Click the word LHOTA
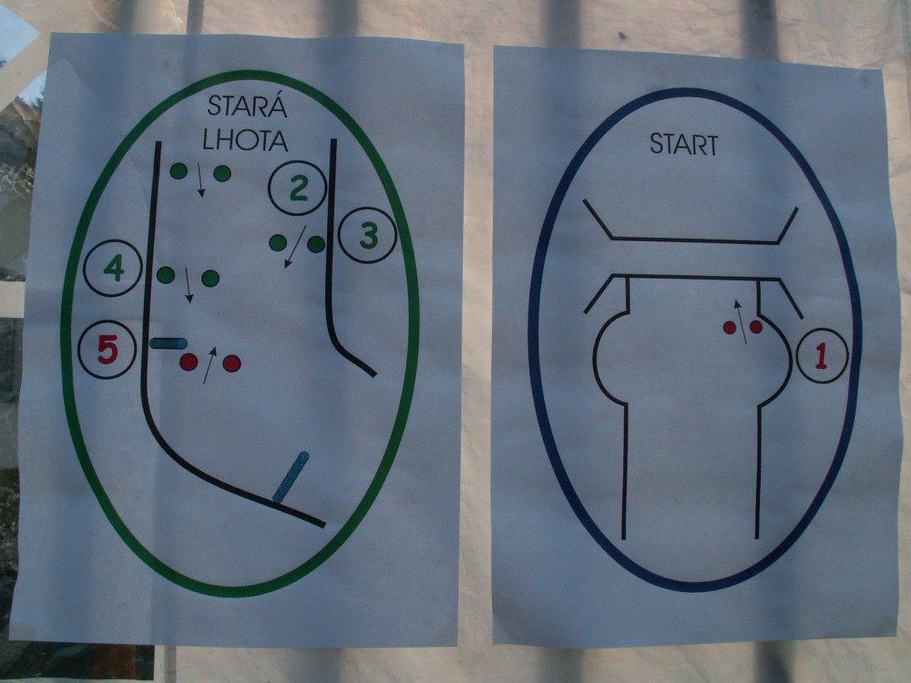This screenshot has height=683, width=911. click(244, 140)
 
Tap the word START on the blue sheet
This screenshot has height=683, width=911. click(684, 145)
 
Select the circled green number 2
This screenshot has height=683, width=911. click(298, 189)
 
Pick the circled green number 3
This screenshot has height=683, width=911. click(367, 235)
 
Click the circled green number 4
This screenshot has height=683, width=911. click(113, 269)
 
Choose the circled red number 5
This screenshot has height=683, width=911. click(107, 350)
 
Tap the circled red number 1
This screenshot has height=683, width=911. click(822, 356)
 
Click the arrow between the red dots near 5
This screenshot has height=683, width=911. click(210, 365)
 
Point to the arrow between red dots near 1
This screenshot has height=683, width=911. click(741, 321)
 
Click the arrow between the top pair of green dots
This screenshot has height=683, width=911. click(200, 180)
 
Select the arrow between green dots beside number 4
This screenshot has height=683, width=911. click(187, 284)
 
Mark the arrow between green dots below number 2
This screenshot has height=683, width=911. click(295, 247)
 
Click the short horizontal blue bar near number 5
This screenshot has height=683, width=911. click(169, 343)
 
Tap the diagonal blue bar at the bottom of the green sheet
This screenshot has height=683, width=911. click(291, 477)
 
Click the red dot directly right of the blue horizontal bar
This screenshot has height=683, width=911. click(189, 362)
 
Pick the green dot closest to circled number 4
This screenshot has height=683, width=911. click(166, 275)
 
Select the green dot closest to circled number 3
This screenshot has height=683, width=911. click(316, 244)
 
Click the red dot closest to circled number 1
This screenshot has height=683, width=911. click(756, 327)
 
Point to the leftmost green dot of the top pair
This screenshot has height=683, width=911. click(179, 171)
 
